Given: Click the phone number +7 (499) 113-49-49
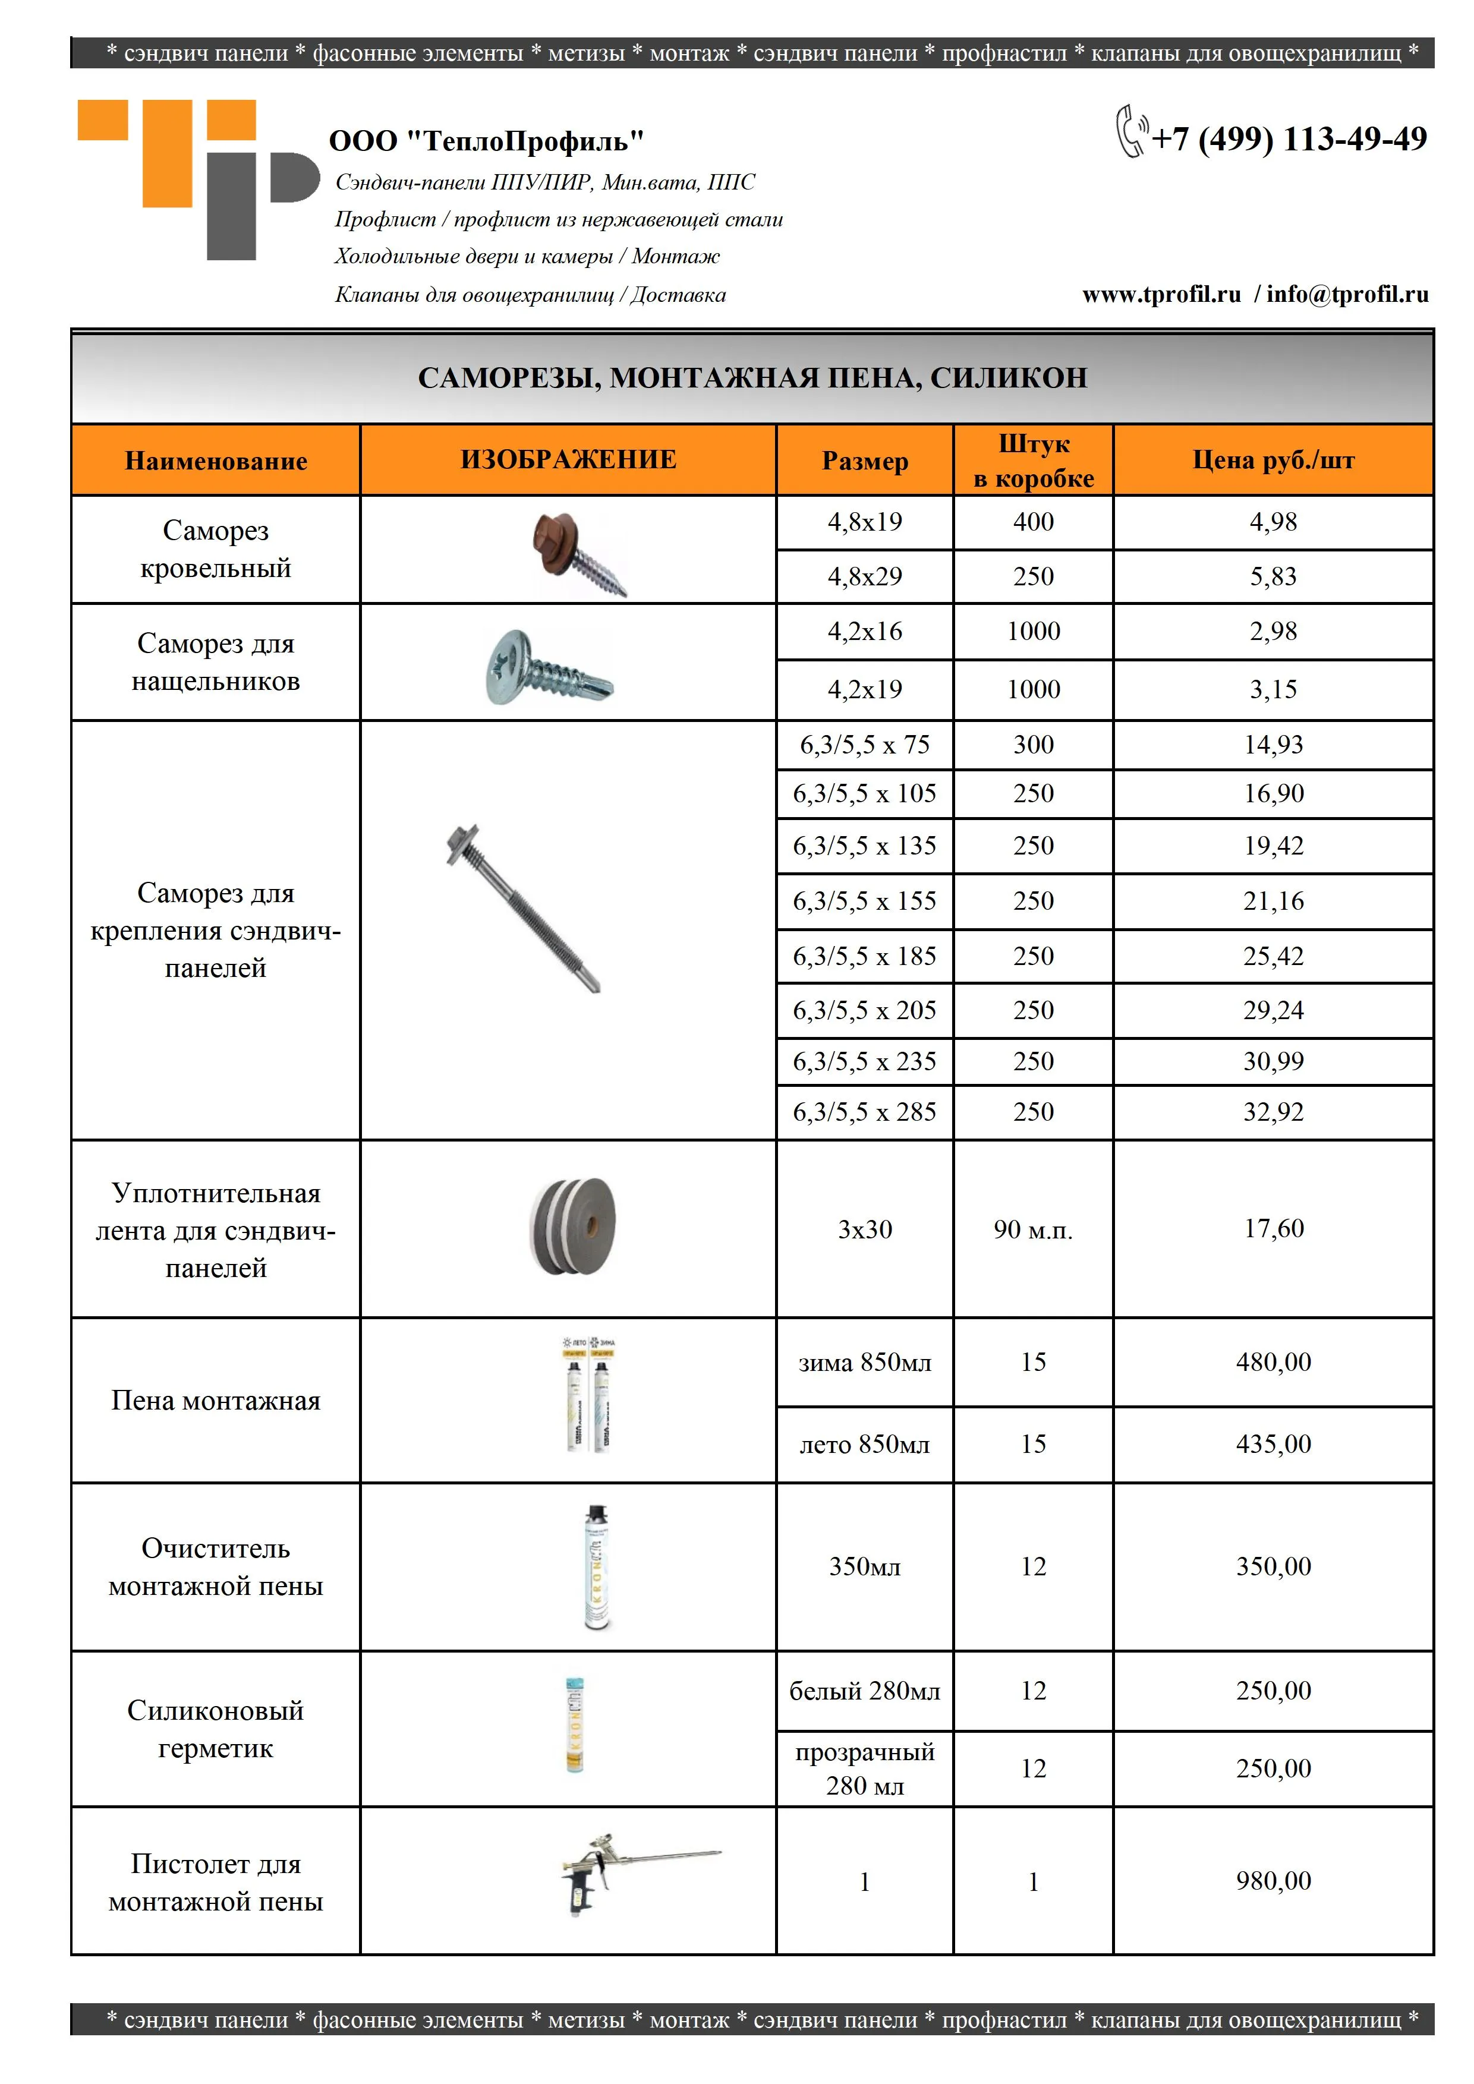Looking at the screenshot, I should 1288,139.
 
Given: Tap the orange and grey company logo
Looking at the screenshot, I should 198,179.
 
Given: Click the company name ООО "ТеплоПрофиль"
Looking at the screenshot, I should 487,141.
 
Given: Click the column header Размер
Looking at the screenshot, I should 864,461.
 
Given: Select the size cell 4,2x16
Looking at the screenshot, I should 864,632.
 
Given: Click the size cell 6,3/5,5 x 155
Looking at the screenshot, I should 864,901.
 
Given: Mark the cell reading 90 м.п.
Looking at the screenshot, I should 1033,1230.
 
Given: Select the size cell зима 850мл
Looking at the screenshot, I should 864,1363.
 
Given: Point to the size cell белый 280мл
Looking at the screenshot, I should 864,1691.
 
